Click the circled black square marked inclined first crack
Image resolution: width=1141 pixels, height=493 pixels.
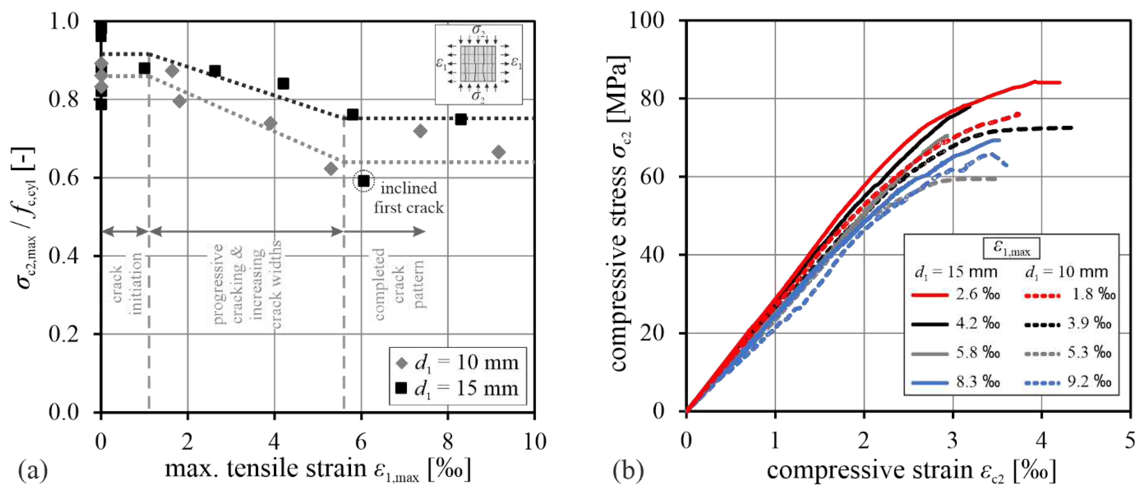coord(364,181)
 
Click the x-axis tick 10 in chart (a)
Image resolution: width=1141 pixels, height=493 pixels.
coord(535,442)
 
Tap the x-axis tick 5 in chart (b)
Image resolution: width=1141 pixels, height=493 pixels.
coord(1130,442)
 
